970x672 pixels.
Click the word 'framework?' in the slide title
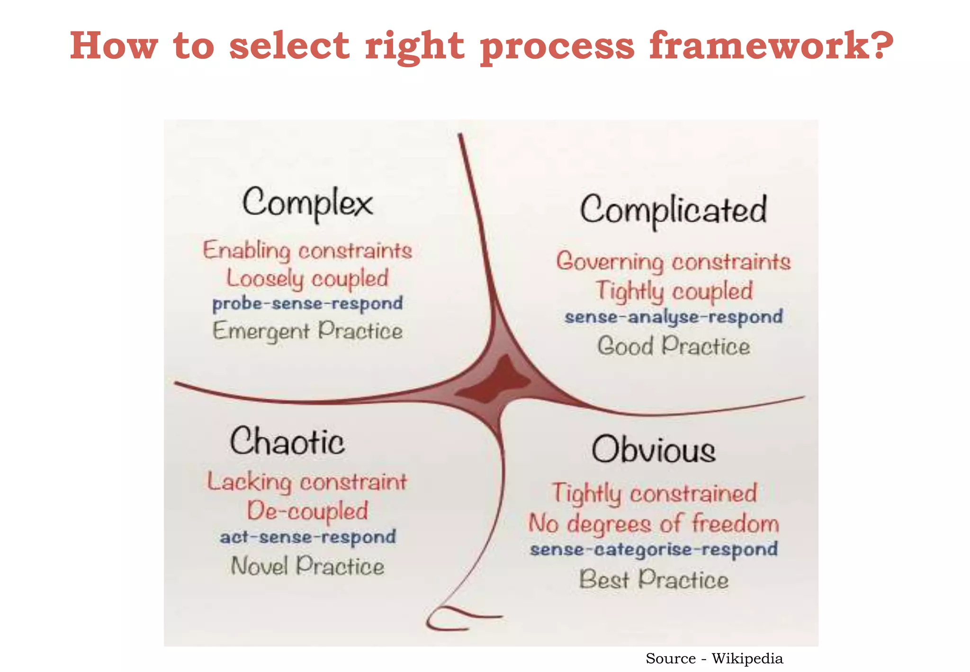coord(771,45)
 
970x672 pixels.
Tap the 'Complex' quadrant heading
coord(307,203)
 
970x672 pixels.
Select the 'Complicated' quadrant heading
coord(673,210)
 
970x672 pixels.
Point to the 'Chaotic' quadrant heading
coord(287,441)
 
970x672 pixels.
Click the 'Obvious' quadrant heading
coord(654,450)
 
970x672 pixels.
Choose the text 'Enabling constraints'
coord(307,250)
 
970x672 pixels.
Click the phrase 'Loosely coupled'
coord(307,278)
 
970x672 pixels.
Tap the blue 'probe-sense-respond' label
coord(307,303)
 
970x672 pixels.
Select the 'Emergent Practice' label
coord(307,331)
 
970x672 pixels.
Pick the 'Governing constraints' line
coord(673,262)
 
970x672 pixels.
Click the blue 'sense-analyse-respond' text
coord(673,317)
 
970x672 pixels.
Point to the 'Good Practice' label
coord(673,346)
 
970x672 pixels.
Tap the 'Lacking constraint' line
coord(307,482)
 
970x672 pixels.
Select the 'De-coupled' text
coord(307,511)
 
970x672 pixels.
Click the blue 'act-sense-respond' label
coord(307,537)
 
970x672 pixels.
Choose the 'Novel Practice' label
coord(307,566)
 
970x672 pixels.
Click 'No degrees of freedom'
coord(654,523)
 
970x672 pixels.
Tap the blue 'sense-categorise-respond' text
coord(654,550)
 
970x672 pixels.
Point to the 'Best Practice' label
coord(654,580)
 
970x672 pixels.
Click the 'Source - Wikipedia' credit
coord(714,658)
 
